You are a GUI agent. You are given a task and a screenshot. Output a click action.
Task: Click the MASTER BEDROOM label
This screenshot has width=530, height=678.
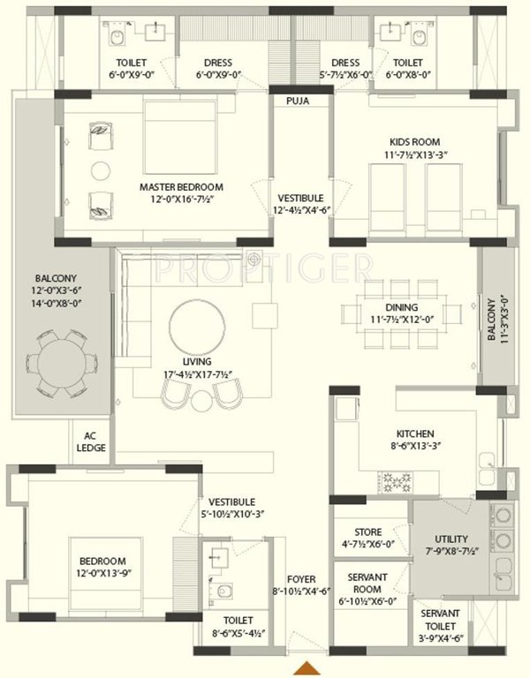click(181, 187)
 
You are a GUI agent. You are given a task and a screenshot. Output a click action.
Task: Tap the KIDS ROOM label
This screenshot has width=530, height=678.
click(414, 141)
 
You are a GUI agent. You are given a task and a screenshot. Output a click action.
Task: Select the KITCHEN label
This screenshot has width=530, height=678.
click(414, 433)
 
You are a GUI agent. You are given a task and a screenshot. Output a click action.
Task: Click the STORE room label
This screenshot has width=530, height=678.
click(367, 532)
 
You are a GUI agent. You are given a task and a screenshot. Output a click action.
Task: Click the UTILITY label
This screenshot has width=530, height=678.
click(451, 539)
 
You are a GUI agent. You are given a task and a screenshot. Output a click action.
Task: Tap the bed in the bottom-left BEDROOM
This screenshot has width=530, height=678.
click(111, 574)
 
